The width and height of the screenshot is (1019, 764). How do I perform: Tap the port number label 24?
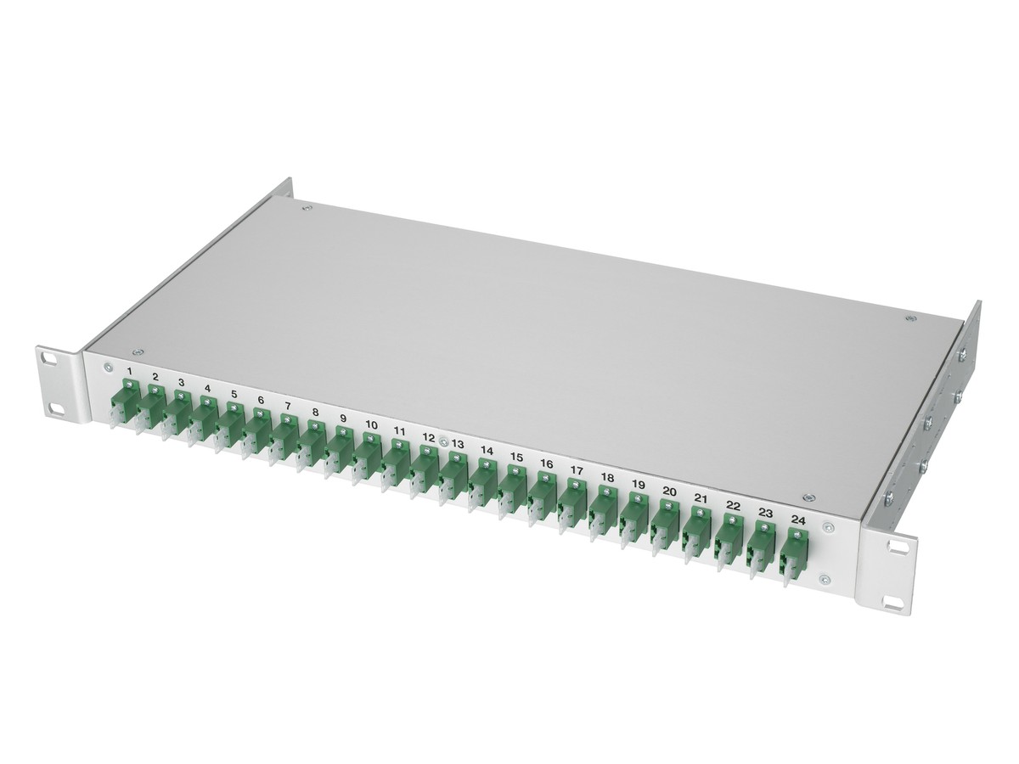tap(798, 520)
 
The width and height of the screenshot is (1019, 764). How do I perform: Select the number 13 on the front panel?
tap(457, 444)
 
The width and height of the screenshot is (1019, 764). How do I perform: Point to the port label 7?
tap(287, 407)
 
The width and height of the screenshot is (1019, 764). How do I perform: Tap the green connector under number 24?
tap(794, 552)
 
